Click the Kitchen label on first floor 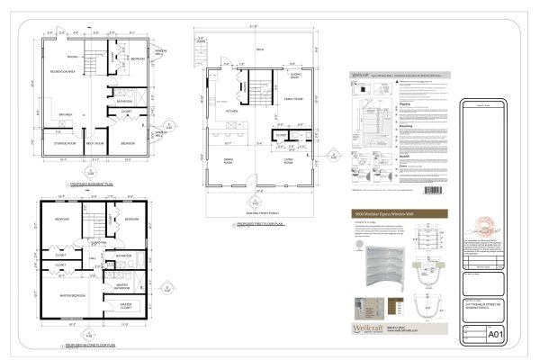230,112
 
